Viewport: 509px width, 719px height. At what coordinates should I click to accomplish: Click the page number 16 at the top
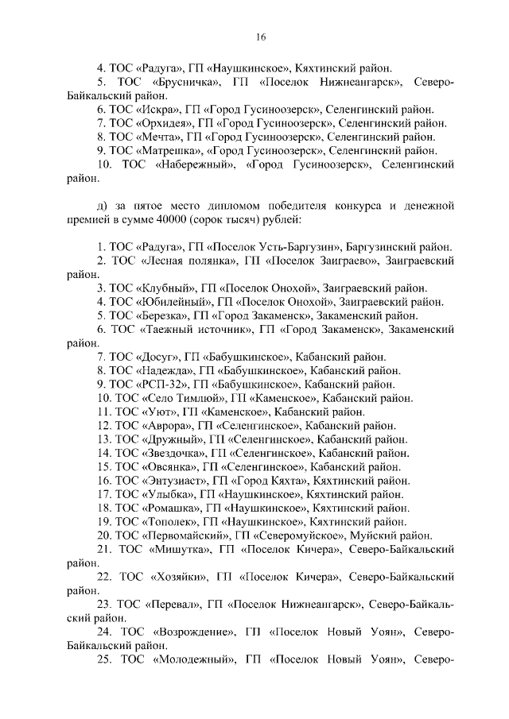(x=260, y=37)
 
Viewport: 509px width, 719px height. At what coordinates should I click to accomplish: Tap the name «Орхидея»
(x=165, y=123)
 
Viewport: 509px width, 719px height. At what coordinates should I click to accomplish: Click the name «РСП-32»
(x=168, y=384)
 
